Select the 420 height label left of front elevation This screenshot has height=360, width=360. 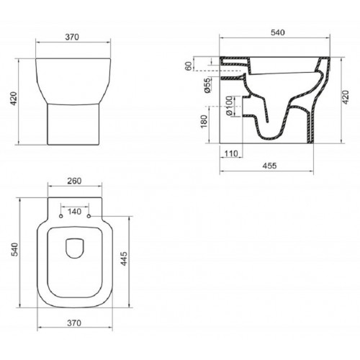[12, 100]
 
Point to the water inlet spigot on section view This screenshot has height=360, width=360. [230, 66]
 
